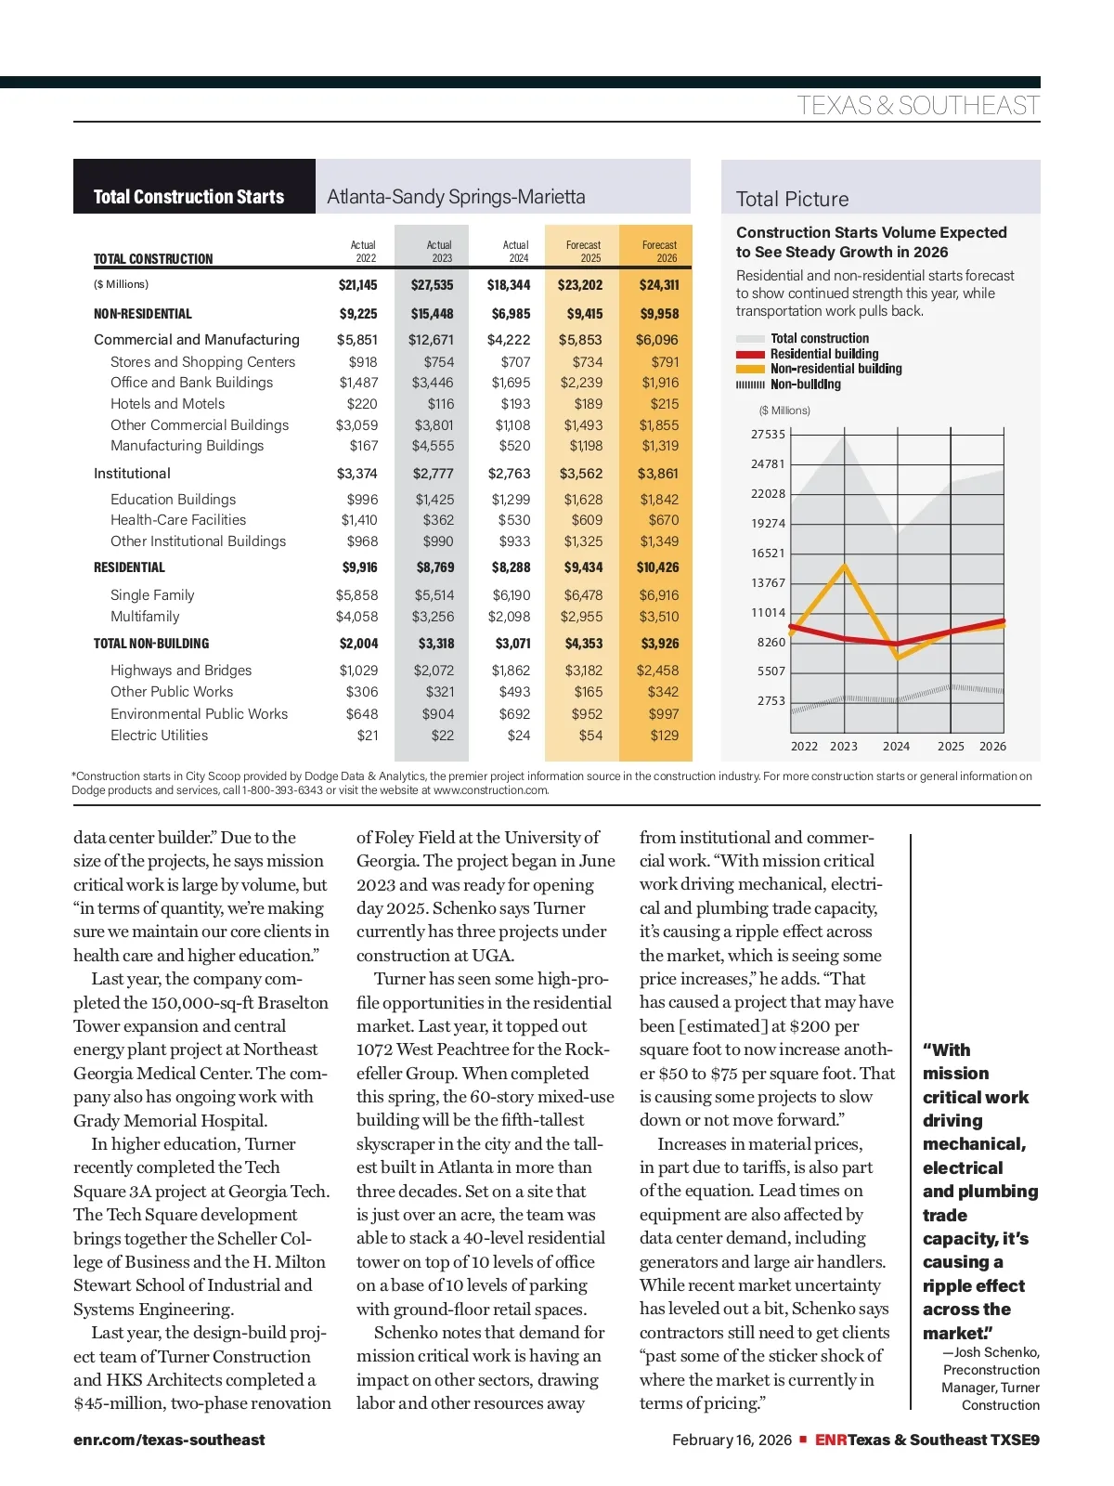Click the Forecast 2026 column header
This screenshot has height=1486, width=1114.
click(x=659, y=251)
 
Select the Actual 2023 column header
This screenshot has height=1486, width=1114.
click(x=439, y=251)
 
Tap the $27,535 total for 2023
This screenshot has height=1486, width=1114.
click(x=432, y=285)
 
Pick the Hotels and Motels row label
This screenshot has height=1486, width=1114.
click(x=167, y=404)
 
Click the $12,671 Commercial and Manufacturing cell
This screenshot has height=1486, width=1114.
click(x=431, y=340)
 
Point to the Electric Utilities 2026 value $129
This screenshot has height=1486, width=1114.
click(x=664, y=736)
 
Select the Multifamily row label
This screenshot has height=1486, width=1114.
click(x=145, y=617)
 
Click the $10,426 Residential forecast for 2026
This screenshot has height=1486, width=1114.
click(x=657, y=567)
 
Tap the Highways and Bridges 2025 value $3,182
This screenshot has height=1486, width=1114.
click(x=583, y=671)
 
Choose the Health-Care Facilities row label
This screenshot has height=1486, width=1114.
click(x=178, y=520)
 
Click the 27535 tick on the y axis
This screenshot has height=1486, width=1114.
click(x=768, y=435)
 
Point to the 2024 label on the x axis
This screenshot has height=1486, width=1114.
click(x=896, y=747)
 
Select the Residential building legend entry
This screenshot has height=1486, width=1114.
click(x=824, y=354)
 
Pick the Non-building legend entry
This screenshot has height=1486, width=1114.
click(x=805, y=385)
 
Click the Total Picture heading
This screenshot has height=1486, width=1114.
click(x=792, y=199)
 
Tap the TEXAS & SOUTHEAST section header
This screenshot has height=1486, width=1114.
click(x=917, y=106)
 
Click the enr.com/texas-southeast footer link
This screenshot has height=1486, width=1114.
click(x=169, y=1440)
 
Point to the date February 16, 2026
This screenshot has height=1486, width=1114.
click(x=732, y=1440)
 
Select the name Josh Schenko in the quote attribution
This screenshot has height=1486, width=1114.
click(x=997, y=1352)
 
